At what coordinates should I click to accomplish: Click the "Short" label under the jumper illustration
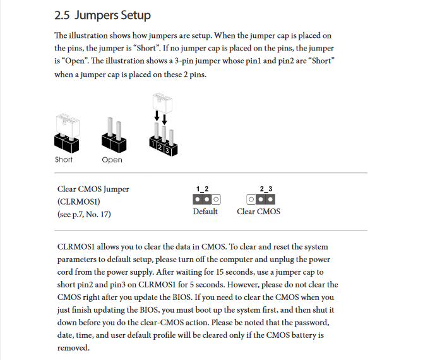[x=64, y=160]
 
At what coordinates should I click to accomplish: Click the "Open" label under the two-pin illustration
[x=112, y=160]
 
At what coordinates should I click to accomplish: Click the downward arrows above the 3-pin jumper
[x=160, y=119]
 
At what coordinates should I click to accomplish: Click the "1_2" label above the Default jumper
[x=202, y=189]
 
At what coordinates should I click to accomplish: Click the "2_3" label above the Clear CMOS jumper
[x=266, y=189]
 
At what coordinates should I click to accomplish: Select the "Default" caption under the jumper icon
[x=205, y=212]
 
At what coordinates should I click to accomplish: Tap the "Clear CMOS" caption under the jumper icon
[x=258, y=212]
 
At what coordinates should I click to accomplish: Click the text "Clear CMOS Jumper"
[x=93, y=189]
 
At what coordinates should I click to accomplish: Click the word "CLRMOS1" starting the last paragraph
[x=76, y=247]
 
